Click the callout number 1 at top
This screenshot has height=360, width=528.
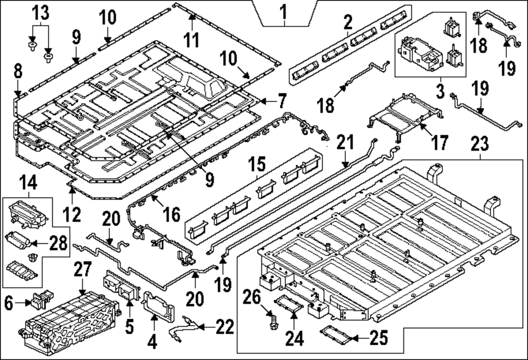(284, 11)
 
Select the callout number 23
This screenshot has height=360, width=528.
(480, 144)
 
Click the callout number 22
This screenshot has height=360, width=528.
(225, 328)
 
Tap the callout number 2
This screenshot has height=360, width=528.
(347, 22)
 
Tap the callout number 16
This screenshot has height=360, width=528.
(172, 214)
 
